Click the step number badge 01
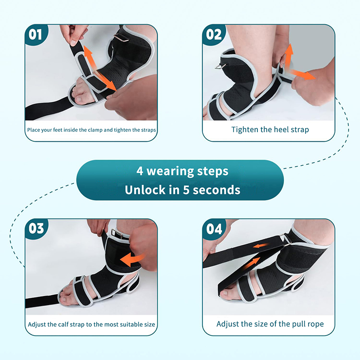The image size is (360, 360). tap(36, 35)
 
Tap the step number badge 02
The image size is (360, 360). tap(213, 35)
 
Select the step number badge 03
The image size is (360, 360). tap(36, 229)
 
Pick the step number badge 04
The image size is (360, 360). tap(214, 229)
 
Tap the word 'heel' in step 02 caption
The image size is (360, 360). tap(275, 130)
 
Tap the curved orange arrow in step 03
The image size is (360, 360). tap(132, 260)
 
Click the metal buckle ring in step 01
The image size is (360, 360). tap(121, 38)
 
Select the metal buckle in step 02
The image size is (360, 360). tap(220, 66)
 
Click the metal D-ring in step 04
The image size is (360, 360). tap(285, 240)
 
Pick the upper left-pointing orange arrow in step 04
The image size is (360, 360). tap(261, 245)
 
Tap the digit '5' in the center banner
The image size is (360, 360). tap(186, 190)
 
